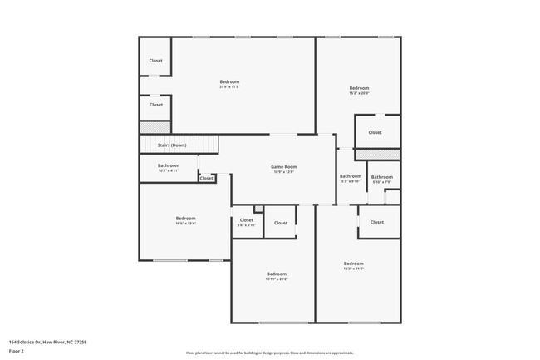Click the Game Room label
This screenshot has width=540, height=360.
coord(284,167)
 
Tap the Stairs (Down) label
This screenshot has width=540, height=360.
coord(172,145)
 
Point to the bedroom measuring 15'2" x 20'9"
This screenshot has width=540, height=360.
coord(359,91)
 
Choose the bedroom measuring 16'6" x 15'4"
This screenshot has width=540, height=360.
coord(184,220)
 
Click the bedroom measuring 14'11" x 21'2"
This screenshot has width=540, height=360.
coord(277,276)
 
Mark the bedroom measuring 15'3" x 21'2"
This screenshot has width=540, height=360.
coord(354,265)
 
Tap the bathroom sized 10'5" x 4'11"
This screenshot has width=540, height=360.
coord(169,167)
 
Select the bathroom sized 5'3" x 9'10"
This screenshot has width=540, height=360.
coord(351,178)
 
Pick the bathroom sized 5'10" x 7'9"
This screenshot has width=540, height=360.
coord(382,179)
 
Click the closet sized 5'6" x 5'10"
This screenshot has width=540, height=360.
coord(246,223)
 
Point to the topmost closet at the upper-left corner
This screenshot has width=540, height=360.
coord(155,61)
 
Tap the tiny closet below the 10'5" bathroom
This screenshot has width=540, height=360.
coord(206,178)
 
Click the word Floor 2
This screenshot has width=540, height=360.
coord(17,351)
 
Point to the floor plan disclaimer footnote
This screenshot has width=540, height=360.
coord(270,353)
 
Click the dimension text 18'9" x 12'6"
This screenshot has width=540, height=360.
coord(284,172)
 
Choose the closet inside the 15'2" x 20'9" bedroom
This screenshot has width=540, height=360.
coord(375,132)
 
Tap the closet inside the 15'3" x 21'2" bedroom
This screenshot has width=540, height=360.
coord(377,222)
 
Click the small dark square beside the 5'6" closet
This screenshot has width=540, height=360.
coord(258,208)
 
